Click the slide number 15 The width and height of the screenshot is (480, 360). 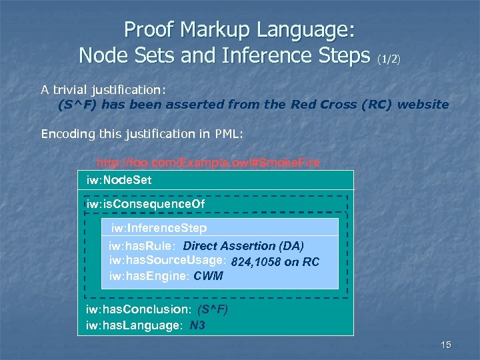tap(446, 345)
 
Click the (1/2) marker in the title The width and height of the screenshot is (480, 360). tap(389, 59)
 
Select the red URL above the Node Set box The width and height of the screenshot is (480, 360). tap(208, 163)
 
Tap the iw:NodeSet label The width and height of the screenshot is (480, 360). tap(115, 180)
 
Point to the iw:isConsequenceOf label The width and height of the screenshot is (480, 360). tap(145, 203)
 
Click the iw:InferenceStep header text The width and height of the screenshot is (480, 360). tap(154, 228)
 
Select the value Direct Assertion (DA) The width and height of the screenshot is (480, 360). tap(243, 246)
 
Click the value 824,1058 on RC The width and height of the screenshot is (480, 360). tap(275, 261)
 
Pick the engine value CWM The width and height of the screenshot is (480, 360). tap(208, 276)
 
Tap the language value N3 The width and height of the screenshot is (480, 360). tap(197, 326)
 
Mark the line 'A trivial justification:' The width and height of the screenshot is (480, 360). tap(103, 89)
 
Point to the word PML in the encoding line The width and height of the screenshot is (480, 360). tap(229, 134)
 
